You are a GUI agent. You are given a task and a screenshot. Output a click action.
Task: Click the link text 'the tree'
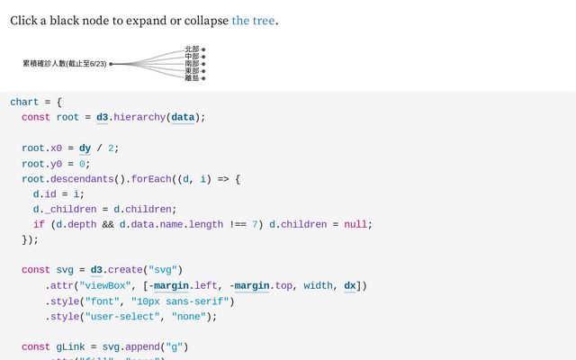coord(253,20)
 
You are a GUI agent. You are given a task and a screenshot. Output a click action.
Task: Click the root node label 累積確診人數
coord(64,64)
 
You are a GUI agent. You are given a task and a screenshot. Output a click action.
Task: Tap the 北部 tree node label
coord(192,49)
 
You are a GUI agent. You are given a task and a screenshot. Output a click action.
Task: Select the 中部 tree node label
coord(192,57)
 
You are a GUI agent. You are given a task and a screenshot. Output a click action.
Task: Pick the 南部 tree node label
coord(192,64)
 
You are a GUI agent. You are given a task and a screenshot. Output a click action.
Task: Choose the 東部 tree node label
coord(192,71)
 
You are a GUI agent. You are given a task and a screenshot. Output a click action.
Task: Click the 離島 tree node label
coord(192,78)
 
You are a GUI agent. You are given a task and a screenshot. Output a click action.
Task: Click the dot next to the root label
coord(111,64)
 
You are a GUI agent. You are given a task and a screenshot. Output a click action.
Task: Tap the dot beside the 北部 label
coord(203,49)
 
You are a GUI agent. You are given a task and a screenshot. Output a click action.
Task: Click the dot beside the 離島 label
coord(203,78)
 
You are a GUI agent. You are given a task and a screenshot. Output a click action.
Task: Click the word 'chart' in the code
coord(24,102)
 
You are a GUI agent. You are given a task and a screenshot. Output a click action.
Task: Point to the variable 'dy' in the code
coord(85,148)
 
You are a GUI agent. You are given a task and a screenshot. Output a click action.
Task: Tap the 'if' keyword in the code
coord(39,225)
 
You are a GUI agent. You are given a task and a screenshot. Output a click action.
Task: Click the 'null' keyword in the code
coord(357,225)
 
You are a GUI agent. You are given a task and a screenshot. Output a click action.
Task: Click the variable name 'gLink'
coord(73,346)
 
